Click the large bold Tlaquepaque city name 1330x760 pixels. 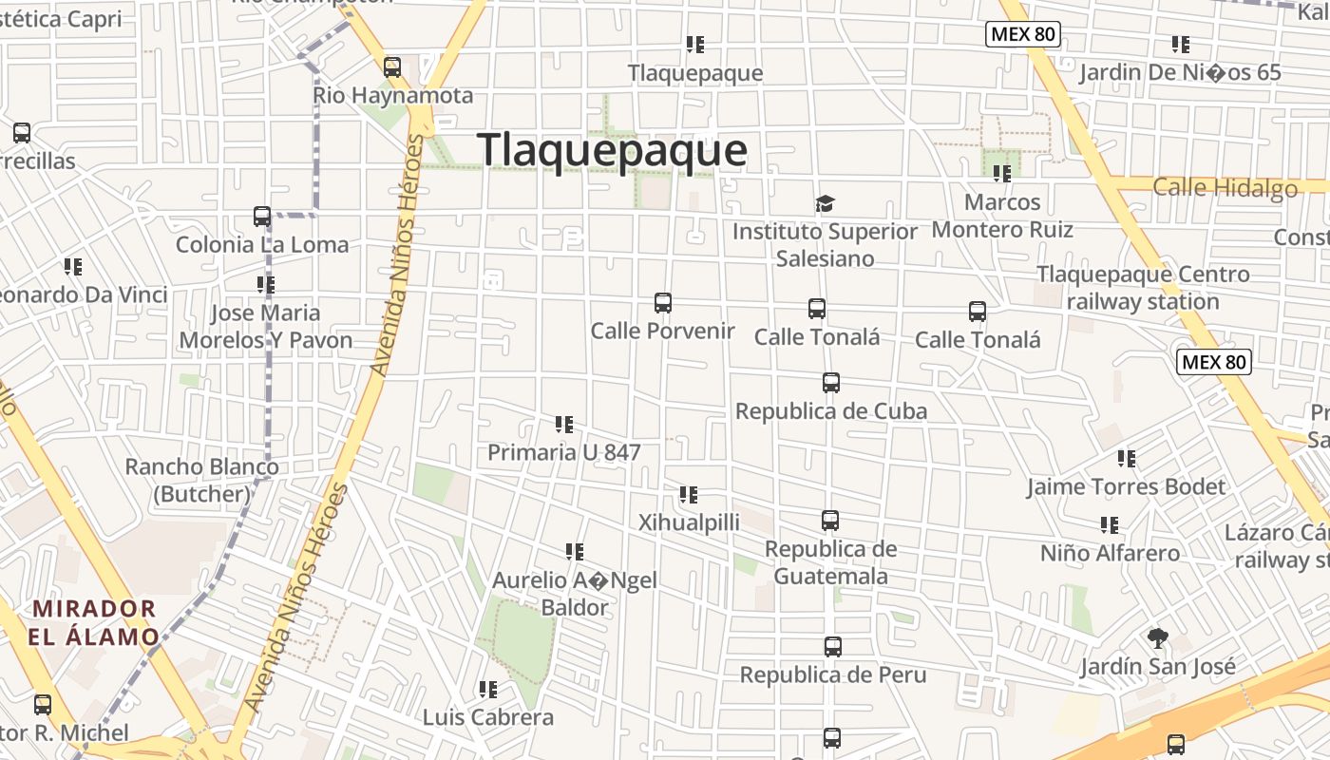(612, 151)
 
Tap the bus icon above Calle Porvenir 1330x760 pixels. (663, 303)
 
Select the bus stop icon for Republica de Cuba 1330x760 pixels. (831, 383)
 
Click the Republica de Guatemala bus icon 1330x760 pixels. (830, 521)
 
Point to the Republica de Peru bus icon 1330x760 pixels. (833, 647)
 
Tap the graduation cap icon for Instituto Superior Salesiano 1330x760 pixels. (825, 204)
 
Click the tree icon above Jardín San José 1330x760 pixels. (1157, 638)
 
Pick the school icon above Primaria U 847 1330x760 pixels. (564, 425)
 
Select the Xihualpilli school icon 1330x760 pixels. (689, 495)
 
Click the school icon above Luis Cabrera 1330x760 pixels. (488, 690)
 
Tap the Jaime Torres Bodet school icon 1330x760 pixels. (1127, 459)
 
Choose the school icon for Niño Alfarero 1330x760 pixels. (1109, 525)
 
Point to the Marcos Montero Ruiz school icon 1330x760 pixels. (1002, 174)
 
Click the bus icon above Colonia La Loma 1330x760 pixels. (262, 217)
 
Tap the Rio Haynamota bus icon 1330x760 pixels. (392, 67)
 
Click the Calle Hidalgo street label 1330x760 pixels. (1225, 188)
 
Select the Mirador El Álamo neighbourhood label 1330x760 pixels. (93, 622)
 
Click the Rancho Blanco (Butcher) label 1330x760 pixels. (202, 480)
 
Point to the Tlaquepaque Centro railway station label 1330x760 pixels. (1143, 288)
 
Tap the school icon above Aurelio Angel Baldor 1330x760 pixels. (575, 552)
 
